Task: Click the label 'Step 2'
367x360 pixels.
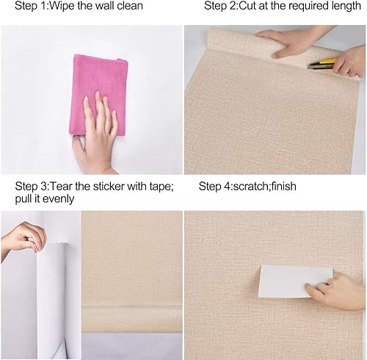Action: coord(223,7)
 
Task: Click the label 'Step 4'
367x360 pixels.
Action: coord(217,187)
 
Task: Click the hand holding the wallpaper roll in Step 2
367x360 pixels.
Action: coord(290,43)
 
